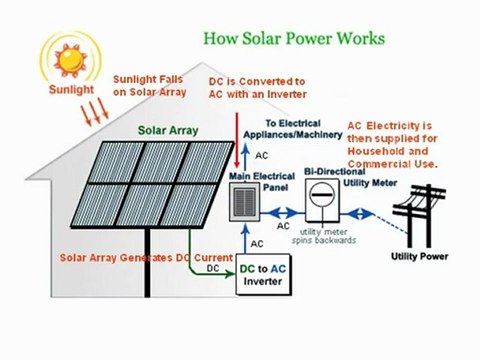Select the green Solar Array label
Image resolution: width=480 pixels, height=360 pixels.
point(167,131)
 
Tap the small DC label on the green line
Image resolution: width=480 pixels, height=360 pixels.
point(212,268)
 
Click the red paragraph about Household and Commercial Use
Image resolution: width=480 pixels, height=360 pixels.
point(392,144)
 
